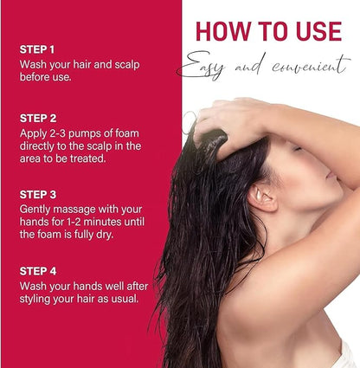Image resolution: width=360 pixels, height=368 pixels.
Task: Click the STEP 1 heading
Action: [37, 49]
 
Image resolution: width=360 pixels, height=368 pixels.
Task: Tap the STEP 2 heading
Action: [38, 119]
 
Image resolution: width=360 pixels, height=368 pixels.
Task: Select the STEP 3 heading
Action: [38, 195]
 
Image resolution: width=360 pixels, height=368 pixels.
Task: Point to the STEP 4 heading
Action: [38, 271]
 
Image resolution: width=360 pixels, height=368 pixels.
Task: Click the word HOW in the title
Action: [223, 31]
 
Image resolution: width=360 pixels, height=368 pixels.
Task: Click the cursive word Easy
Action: [202, 67]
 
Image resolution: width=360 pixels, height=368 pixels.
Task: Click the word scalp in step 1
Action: [127, 65]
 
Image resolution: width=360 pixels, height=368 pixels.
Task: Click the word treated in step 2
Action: [89, 158]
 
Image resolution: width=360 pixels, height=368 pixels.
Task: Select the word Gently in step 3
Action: [35, 210]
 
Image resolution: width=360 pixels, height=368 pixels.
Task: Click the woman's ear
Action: [262, 197]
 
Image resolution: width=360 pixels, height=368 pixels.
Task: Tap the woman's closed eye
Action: [297, 149]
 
